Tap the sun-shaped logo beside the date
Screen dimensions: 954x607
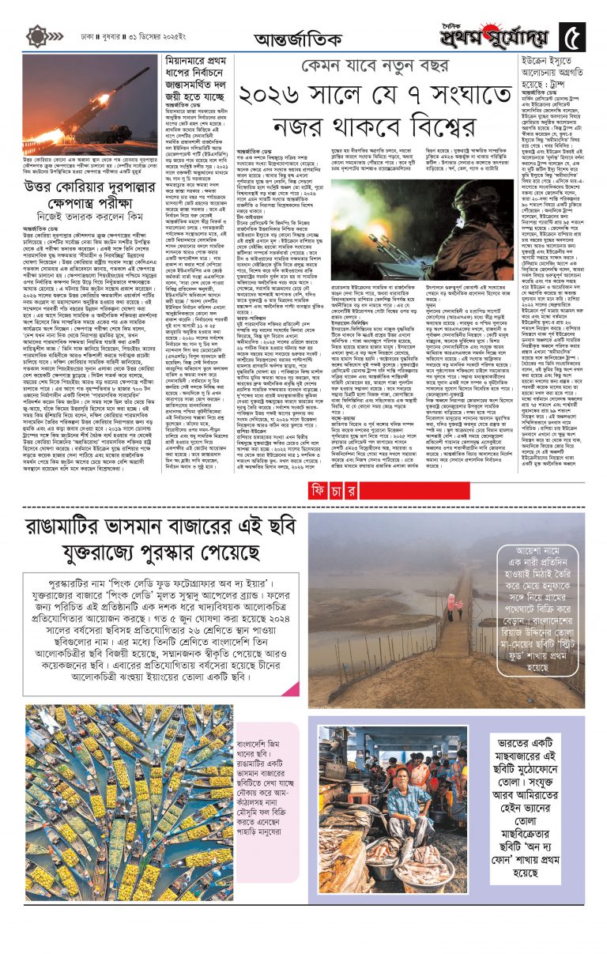click(x=37, y=36)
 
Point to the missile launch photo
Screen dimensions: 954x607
click(x=90, y=109)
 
